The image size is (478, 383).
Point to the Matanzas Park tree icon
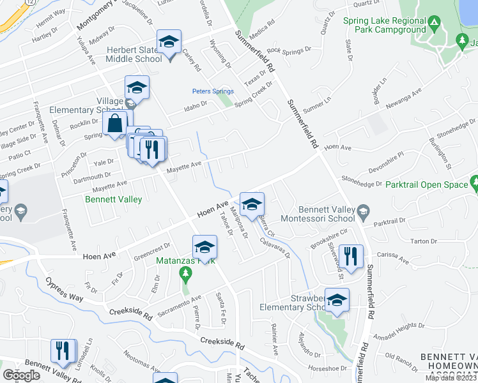click(186, 274)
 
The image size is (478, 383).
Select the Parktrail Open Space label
click(427, 184)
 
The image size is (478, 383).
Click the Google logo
click(22, 375)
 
